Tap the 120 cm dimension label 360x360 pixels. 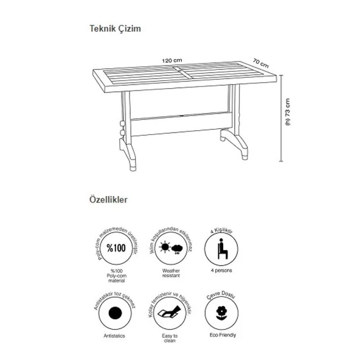173,60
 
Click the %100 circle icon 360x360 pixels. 114,249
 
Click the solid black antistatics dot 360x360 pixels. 114,314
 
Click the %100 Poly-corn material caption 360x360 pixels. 114,277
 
